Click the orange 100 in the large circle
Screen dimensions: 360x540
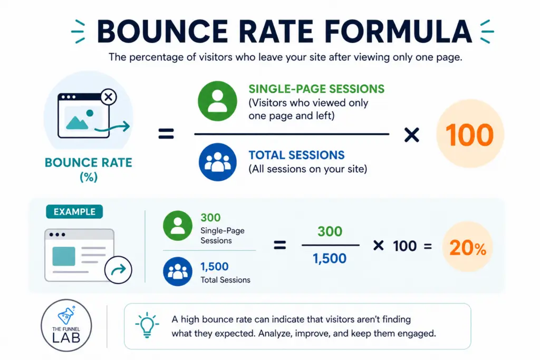coord(470,135)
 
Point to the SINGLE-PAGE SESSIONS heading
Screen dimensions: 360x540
coord(316,89)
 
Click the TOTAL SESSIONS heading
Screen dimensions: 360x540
coord(296,155)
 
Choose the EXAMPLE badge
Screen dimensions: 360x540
coord(74,212)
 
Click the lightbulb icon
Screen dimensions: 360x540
coord(147,325)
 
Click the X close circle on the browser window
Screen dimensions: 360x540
coord(108,97)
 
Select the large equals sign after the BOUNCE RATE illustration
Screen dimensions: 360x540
coord(166,135)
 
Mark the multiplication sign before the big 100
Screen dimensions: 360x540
coord(411,135)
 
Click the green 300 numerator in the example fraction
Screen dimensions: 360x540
coord(330,231)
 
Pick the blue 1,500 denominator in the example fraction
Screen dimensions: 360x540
coord(330,258)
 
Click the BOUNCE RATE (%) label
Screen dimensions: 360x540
coord(88,169)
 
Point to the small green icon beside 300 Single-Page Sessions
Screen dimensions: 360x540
coord(178,225)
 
